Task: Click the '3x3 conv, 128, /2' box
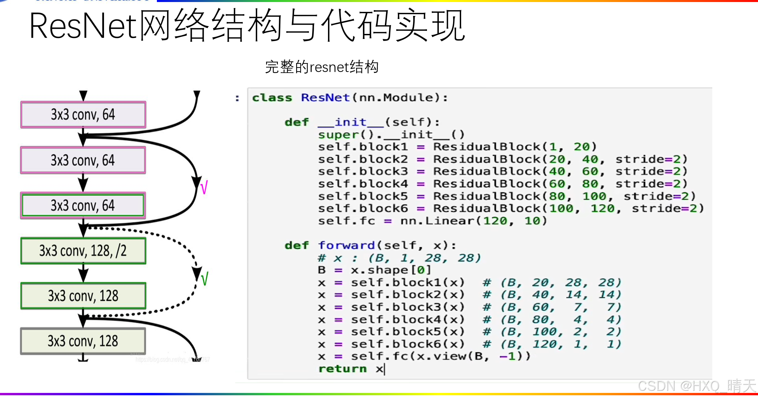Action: pyautogui.click(x=83, y=251)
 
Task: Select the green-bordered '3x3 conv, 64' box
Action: pyautogui.click(x=83, y=205)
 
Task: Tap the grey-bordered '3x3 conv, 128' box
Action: pyautogui.click(x=83, y=341)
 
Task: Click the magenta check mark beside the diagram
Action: pyautogui.click(x=204, y=187)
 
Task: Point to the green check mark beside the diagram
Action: pyautogui.click(x=204, y=279)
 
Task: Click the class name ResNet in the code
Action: pyautogui.click(x=325, y=98)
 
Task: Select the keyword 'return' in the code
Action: pyautogui.click(x=343, y=369)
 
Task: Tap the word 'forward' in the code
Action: pyautogui.click(x=346, y=245)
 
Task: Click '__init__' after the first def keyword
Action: pyautogui.click(x=351, y=122)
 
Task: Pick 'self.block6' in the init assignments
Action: pyautogui.click(x=363, y=208)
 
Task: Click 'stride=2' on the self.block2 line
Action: pyautogui.click(x=651, y=159)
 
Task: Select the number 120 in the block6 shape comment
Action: pyautogui.click(x=547, y=344)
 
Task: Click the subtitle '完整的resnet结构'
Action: pyautogui.click(x=322, y=67)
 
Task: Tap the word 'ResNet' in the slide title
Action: pyautogui.click(x=83, y=26)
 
